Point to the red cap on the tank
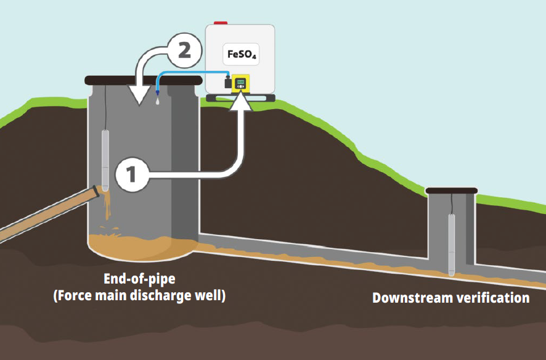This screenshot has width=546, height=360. pos(220,23)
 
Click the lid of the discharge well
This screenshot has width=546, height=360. pos(143,80)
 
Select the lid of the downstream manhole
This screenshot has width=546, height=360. pos(451,190)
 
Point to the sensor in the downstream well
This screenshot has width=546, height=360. pos(451,243)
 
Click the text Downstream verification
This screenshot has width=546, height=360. pos(450,298)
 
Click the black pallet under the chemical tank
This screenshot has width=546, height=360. pos(240,97)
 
